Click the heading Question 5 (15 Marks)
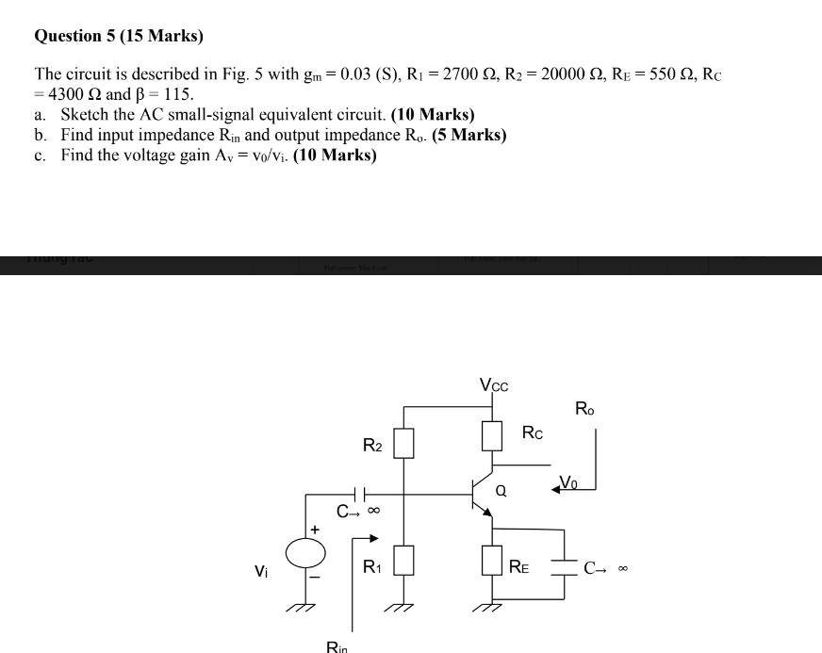pyautogui.click(x=119, y=37)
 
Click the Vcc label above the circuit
pyautogui.click(x=494, y=384)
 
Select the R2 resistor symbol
pyautogui.click(x=403, y=442)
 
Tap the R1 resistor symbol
pyautogui.click(x=403, y=562)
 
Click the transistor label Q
pyautogui.click(x=501, y=490)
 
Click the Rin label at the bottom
pyautogui.click(x=337, y=646)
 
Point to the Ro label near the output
pyautogui.click(x=584, y=409)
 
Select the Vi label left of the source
pyautogui.click(x=261, y=569)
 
